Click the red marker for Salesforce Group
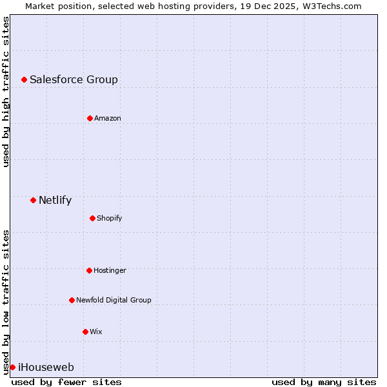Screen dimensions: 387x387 pyautogui.click(x=24, y=79)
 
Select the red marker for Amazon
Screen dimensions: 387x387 pyautogui.click(x=90, y=118)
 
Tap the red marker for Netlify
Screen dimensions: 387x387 pyautogui.click(x=33, y=200)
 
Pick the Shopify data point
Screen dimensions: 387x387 pyautogui.click(x=92, y=218)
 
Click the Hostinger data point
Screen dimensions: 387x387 pyautogui.click(x=89, y=270)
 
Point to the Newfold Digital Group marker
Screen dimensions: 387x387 pyautogui.click(x=72, y=300)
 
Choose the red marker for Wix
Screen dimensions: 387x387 pyautogui.click(x=85, y=332)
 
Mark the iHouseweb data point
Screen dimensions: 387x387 pyautogui.click(x=12, y=367)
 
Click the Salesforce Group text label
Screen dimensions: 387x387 pyautogui.click(x=74, y=80)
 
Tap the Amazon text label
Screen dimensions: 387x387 pyautogui.click(x=107, y=119)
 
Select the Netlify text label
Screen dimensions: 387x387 pyautogui.click(x=55, y=201)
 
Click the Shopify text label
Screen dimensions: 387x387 pyautogui.click(x=109, y=219)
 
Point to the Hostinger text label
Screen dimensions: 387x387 pyautogui.click(x=110, y=271)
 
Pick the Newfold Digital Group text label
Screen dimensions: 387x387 pyautogui.click(x=114, y=301)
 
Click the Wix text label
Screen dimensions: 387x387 pyautogui.click(x=95, y=332)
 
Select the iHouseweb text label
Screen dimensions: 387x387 pyautogui.click(x=46, y=368)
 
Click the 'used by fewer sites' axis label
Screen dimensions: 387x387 pyautogui.click(x=66, y=382)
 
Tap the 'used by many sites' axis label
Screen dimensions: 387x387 pyautogui.click(x=324, y=382)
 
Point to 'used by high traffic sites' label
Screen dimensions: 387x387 pyautogui.click(x=6, y=92)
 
